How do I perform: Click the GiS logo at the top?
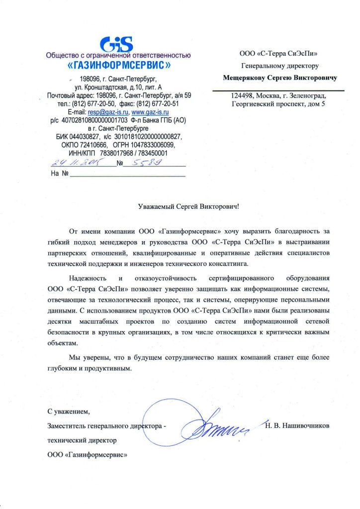(118, 44)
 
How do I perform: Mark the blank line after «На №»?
(127, 174)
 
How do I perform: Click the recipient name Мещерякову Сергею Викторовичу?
(280, 78)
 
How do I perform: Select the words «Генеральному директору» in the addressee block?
(279, 65)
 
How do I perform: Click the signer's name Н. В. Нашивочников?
(297, 426)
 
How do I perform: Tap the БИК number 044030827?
(82, 136)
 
